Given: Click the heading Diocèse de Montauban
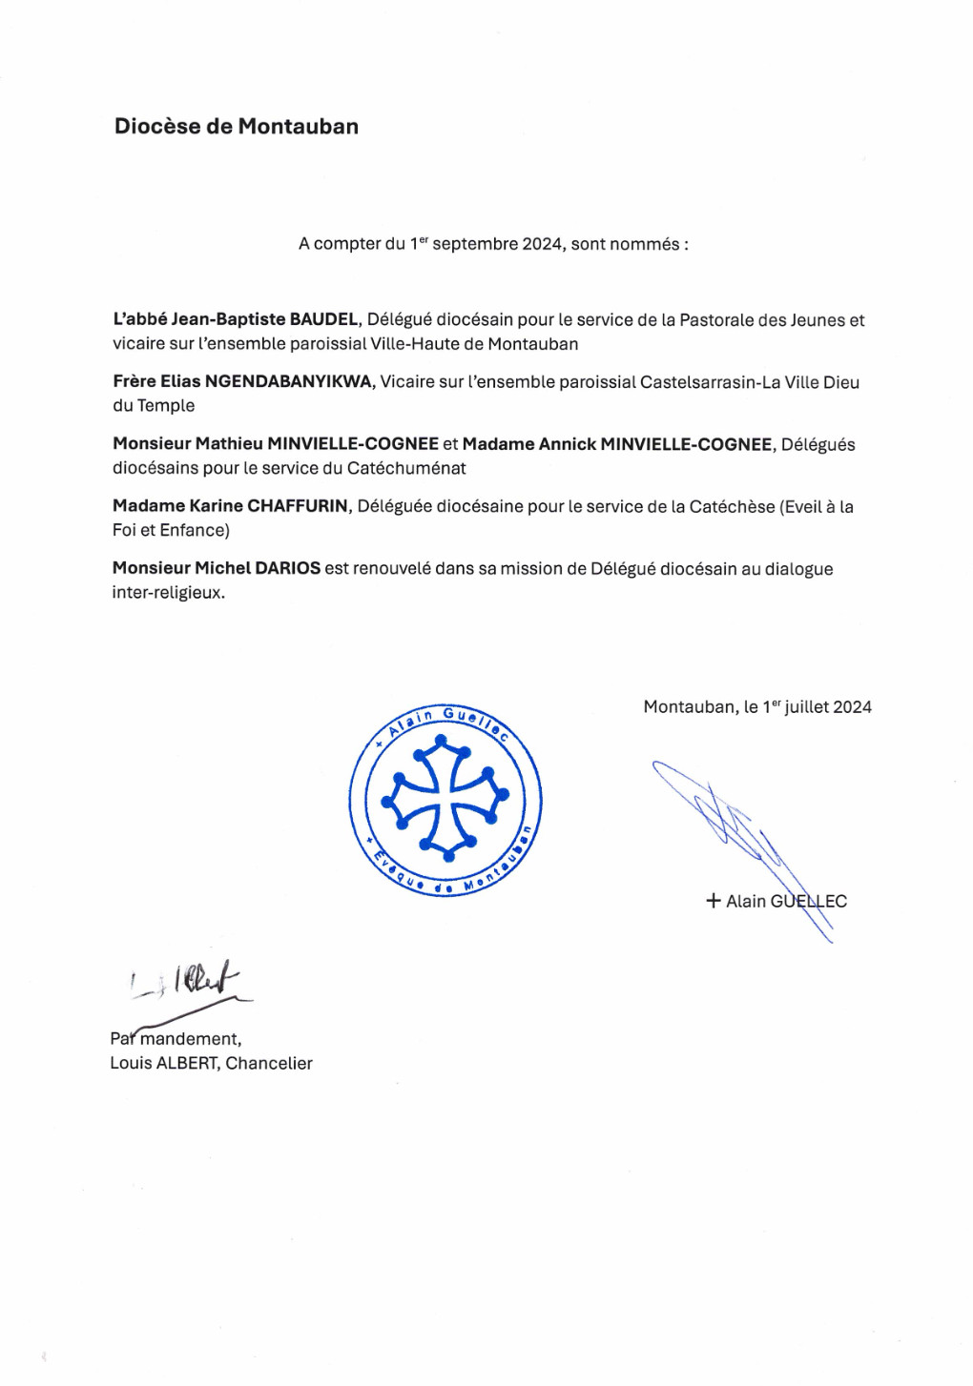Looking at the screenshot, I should tap(236, 127).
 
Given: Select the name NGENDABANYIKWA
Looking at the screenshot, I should tap(288, 382).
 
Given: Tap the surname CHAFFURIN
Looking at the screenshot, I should tap(298, 506).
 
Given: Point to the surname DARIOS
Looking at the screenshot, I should tap(287, 568).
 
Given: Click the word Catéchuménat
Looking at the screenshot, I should tap(406, 468).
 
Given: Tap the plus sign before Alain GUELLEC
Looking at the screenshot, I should tap(713, 901).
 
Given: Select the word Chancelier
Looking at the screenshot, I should tap(269, 1063).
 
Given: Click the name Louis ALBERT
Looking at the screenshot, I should tap(163, 1063).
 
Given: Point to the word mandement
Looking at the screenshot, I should tap(190, 1039).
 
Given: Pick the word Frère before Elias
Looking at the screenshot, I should tap(134, 382).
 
